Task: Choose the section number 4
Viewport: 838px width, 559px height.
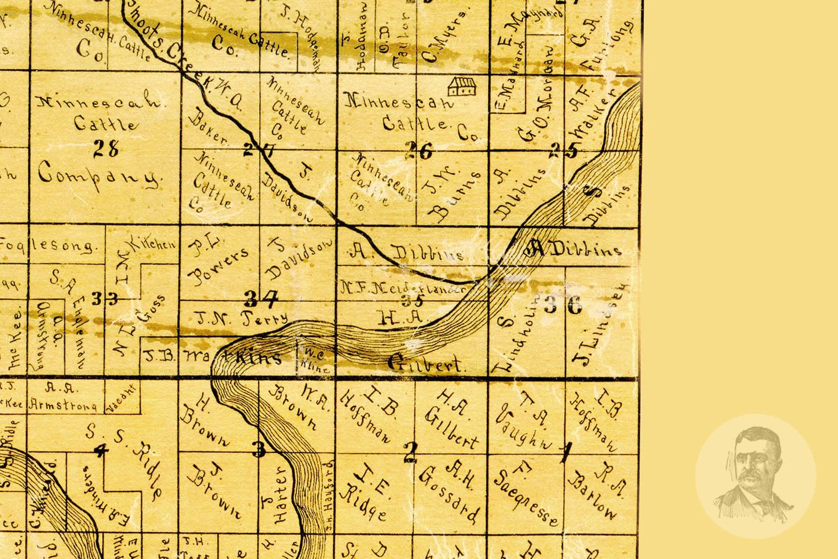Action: tap(100, 450)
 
